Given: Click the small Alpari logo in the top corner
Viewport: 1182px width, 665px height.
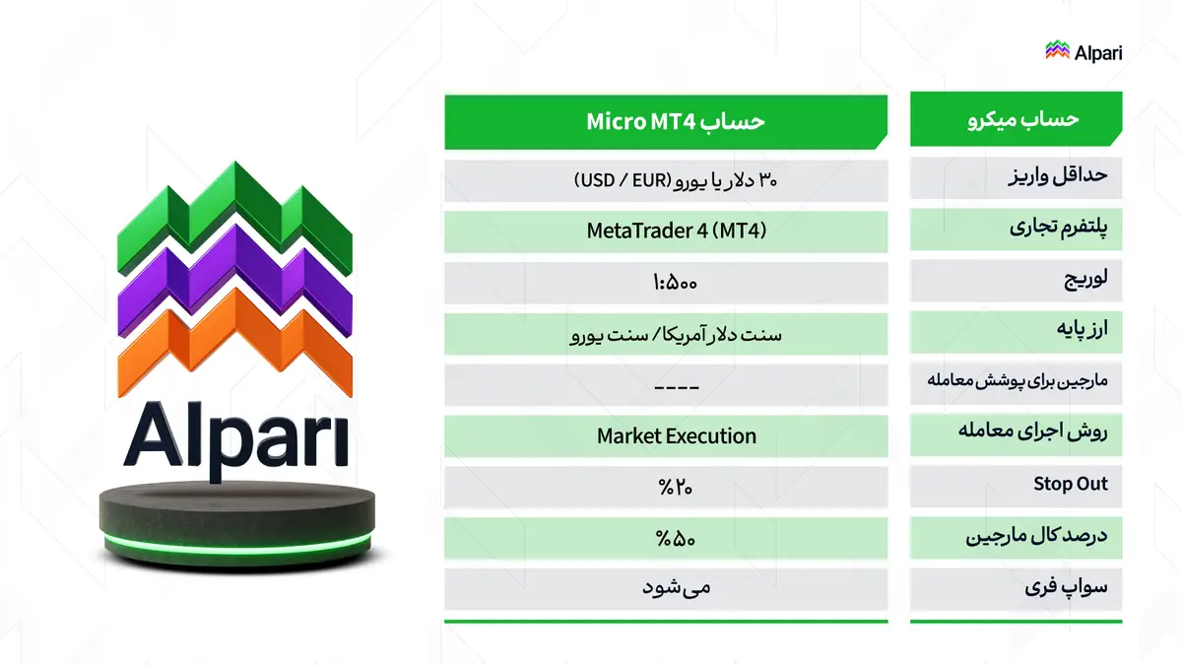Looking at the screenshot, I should [x=1083, y=51].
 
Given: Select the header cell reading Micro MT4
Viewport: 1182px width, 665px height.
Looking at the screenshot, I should [x=666, y=121].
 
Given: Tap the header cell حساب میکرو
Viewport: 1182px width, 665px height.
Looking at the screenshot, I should [x=1016, y=120].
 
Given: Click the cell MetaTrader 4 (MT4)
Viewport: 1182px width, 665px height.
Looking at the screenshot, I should [x=666, y=232].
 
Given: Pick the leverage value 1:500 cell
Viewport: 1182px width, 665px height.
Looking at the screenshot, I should [x=666, y=284].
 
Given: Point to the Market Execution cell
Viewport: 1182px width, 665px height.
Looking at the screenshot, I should [x=666, y=435].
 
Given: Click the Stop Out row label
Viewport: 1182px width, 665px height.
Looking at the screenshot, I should [x=1016, y=484].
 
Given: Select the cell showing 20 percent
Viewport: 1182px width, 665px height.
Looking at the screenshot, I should [x=666, y=487].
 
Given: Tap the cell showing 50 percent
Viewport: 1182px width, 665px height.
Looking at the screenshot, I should [x=666, y=539].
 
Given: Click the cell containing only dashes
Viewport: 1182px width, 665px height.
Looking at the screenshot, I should [x=666, y=385].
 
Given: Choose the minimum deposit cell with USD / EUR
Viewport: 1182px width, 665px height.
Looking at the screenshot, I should [x=666, y=180].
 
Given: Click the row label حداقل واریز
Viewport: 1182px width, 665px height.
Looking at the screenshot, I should [x=1016, y=178].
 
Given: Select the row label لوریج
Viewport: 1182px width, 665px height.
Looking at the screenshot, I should [x=1016, y=281].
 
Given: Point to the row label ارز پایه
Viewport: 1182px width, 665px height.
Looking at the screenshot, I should [x=1016, y=332].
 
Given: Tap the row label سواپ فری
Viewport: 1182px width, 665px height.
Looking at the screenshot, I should [x=1016, y=589].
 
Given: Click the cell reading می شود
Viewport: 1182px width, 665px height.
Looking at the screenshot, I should [x=666, y=589].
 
